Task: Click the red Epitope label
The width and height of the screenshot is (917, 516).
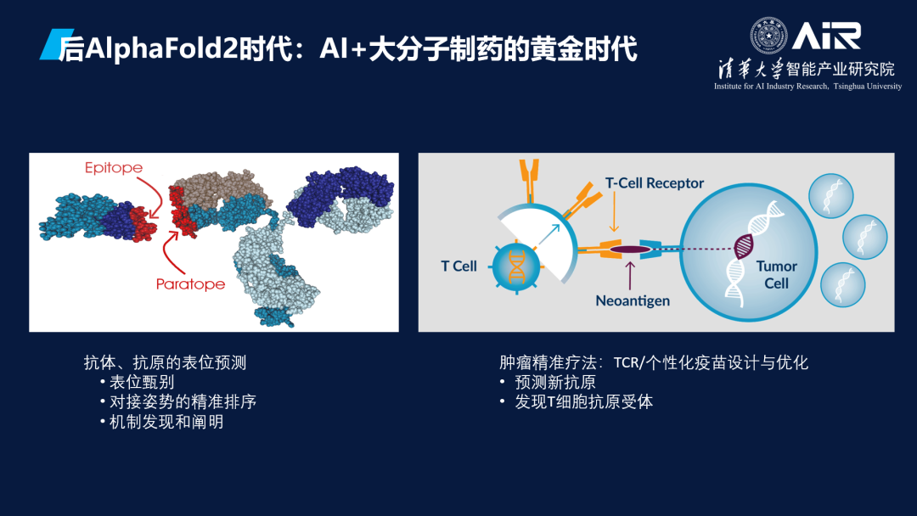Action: tap(114, 168)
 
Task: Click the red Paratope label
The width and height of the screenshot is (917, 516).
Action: tap(190, 284)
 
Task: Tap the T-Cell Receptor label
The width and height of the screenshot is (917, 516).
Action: tap(655, 183)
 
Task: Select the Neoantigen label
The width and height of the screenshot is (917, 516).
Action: tap(633, 301)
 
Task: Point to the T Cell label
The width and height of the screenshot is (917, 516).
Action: tap(458, 266)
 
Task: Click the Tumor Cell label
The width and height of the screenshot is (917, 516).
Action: tap(777, 275)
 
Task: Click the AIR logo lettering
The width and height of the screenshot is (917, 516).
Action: tap(826, 36)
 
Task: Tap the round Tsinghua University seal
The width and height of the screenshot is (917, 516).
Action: tap(768, 36)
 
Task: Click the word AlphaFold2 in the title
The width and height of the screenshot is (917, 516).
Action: tap(161, 48)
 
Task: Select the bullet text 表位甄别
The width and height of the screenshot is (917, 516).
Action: tap(142, 382)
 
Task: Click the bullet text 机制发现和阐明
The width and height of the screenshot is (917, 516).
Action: tap(166, 422)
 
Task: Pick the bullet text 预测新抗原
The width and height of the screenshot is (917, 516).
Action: tap(555, 382)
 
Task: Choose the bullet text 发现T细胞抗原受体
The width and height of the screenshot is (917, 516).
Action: tap(583, 402)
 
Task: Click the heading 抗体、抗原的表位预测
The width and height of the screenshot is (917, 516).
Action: tap(165, 362)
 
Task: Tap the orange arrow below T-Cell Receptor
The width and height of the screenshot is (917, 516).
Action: tap(614, 212)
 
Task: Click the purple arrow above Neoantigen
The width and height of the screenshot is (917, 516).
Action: tap(630, 276)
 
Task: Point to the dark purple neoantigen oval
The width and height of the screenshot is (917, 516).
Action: tap(630, 250)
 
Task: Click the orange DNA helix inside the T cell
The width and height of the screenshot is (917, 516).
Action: tap(516, 267)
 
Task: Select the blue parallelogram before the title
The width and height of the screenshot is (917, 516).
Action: tap(57, 44)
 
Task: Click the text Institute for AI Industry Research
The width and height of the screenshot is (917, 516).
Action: tap(771, 87)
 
